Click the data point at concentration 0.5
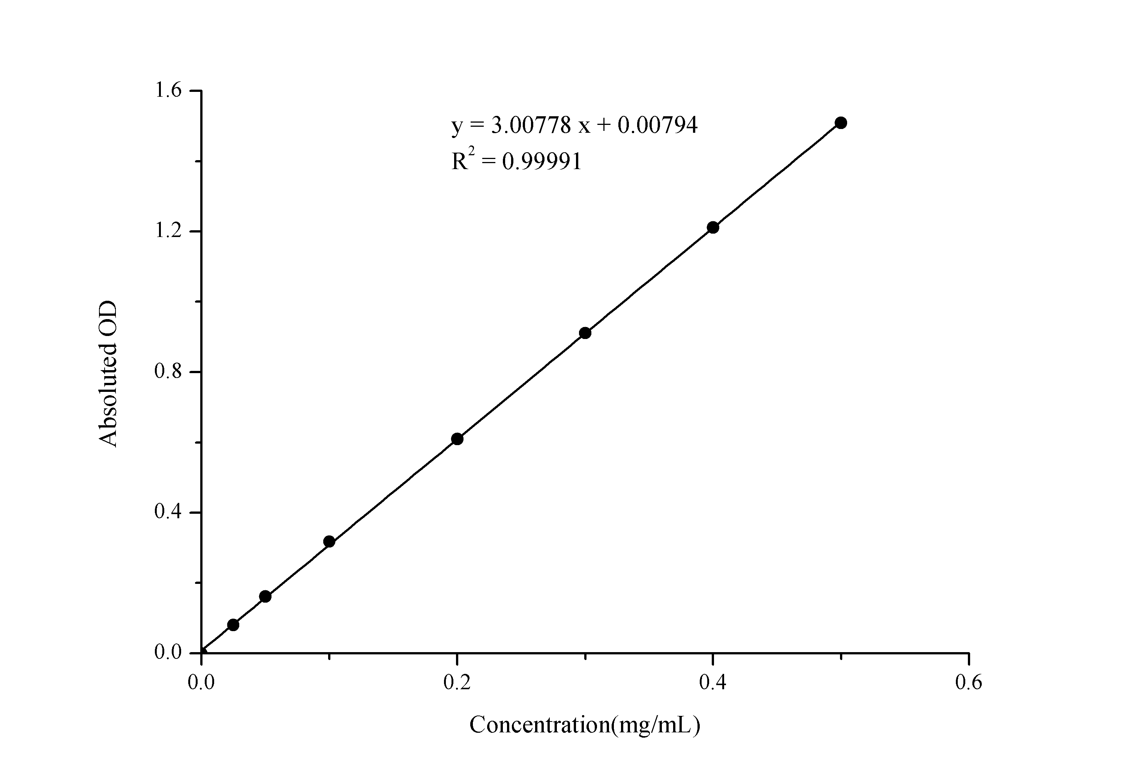pyautogui.click(x=841, y=123)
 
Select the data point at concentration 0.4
pyautogui.click(x=713, y=227)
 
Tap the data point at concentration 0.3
pyautogui.click(x=585, y=333)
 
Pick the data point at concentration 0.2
pyautogui.click(x=457, y=439)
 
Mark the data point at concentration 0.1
pyautogui.click(x=329, y=541)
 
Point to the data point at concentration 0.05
pyautogui.click(x=265, y=596)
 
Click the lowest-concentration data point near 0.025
pyautogui.click(x=233, y=625)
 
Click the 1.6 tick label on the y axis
pyautogui.click(x=168, y=91)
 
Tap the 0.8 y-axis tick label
pyautogui.click(x=168, y=371)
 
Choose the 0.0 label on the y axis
pyautogui.click(x=168, y=652)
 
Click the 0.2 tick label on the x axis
pyautogui.click(x=457, y=682)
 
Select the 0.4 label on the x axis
pyautogui.click(x=713, y=682)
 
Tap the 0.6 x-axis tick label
pyautogui.click(x=969, y=682)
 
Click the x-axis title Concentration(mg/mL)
pyautogui.click(x=585, y=725)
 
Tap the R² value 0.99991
pyautogui.click(x=542, y=161)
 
